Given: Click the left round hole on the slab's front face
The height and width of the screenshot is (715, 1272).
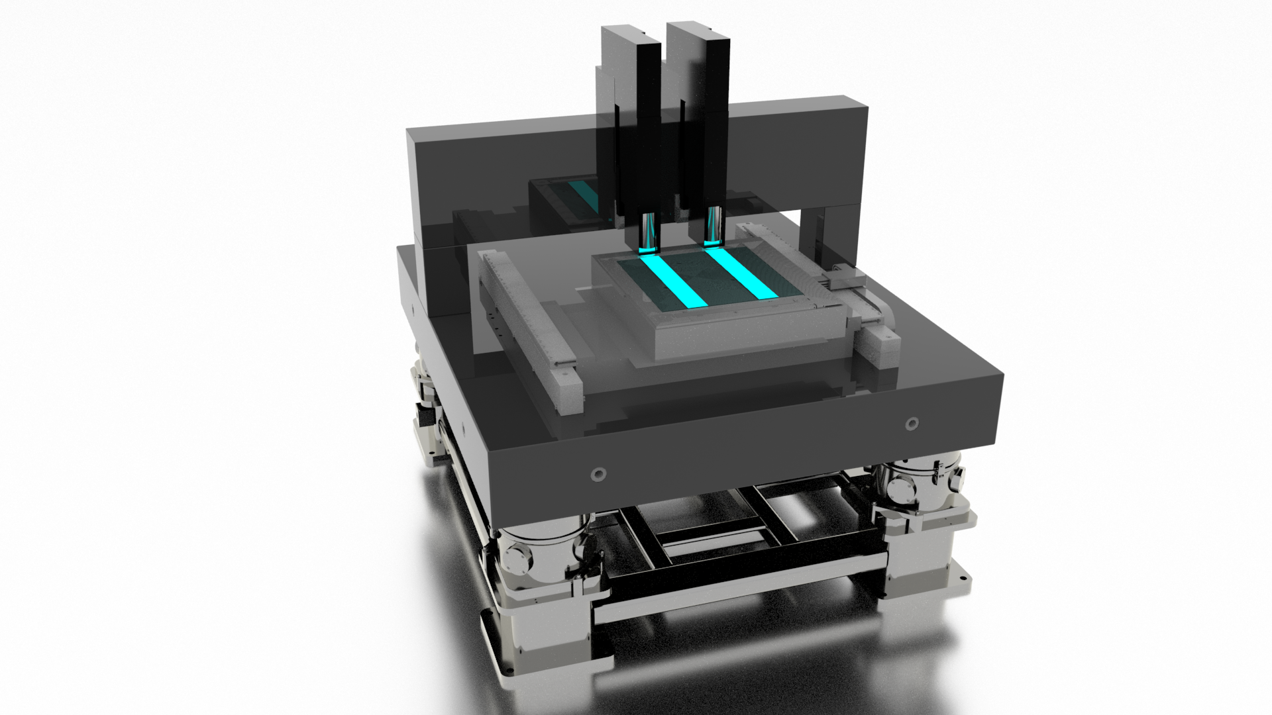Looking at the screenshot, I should [599, 473].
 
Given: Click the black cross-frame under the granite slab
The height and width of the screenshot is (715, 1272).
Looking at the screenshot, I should [729, 530].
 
